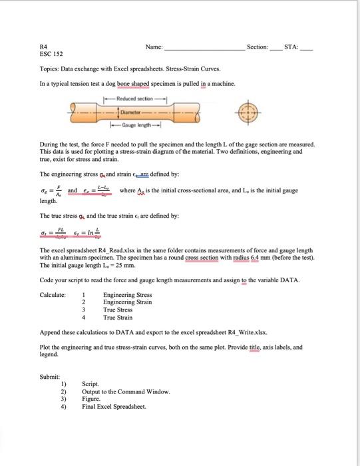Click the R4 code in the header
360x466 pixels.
pos(43,47)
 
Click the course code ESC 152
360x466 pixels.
pos(51,54)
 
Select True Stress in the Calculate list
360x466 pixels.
pos(118,310)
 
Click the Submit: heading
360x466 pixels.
pos(51,377)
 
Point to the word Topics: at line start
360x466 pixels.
pos(51,69)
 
